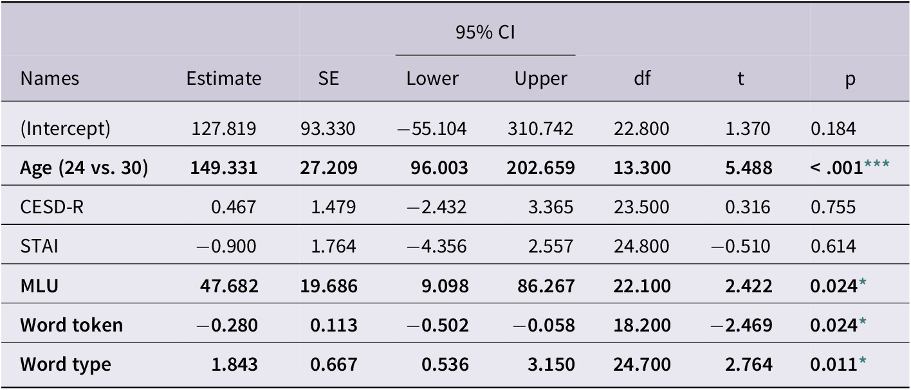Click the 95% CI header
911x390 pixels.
point(485,33)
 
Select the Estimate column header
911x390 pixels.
point(224,78)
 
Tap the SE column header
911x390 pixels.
point(328,78)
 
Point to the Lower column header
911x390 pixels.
point(432,78)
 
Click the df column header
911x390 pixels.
point(641,78)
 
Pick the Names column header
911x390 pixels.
point(50,78)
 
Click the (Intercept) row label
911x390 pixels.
point(65,129)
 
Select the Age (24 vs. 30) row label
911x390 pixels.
point(84,168)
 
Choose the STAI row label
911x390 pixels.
point(39,247)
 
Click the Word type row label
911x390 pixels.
point(65,364)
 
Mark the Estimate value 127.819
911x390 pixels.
point(224,129)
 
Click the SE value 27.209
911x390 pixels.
point(329,168)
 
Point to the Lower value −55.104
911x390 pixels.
point(432,129)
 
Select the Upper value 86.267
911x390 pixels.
point(541,286)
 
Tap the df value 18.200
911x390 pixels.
point(641,325)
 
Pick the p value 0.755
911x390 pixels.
point(833,208)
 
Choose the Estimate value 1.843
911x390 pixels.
point(235,364)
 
